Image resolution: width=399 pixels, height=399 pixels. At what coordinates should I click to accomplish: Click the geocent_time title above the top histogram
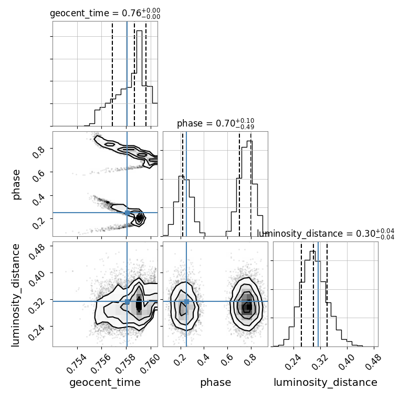(x=105, y=13)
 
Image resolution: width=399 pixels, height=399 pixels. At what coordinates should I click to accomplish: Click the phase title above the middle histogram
(x=216, y=123)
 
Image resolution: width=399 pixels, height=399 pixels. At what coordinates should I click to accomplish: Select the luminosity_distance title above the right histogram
(x=325, y=234)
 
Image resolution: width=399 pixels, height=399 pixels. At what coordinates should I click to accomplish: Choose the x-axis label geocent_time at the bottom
(x=105, y=383)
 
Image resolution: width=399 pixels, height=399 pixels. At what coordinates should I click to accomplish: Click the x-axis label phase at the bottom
(x=216, y=383)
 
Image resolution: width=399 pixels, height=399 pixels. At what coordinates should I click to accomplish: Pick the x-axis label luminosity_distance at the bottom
(x=325, y=383)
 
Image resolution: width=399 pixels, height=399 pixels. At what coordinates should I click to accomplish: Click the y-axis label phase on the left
(x=16, y=185)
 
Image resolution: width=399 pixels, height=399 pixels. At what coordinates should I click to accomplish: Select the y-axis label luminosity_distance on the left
(x=15, y=295)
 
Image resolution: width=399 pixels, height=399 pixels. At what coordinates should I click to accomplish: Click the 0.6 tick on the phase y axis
(x=38, y=176)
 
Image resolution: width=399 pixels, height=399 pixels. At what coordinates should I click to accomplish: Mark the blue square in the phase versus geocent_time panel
(x=127, y=213)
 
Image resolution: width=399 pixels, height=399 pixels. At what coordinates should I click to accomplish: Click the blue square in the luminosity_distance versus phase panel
(x=186, y=301)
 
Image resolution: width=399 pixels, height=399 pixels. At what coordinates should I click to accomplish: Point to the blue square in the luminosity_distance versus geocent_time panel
(x=127, y=301)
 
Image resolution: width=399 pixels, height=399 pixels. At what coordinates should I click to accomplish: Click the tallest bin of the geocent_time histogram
(x=139, y=78)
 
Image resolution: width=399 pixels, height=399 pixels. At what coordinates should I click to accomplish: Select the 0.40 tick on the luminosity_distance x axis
(x=346, y=362)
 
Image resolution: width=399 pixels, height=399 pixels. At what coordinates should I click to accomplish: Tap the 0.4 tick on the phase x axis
(x=203, y=360)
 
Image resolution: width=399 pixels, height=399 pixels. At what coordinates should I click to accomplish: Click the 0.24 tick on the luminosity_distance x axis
(x=293, y=362)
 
